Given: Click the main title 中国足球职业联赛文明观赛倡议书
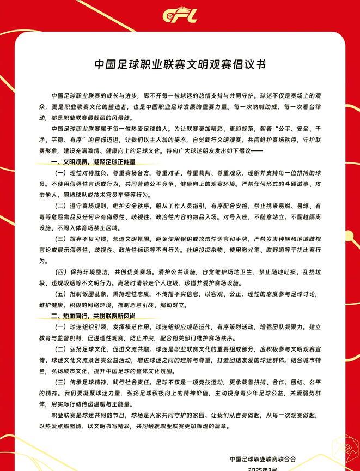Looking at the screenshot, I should click(180, 64).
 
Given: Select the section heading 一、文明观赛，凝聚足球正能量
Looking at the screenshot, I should click(93, 162).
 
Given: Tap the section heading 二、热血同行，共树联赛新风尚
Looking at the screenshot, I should click(93, 316).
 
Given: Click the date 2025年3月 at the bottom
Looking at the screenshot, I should click(263, 468).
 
